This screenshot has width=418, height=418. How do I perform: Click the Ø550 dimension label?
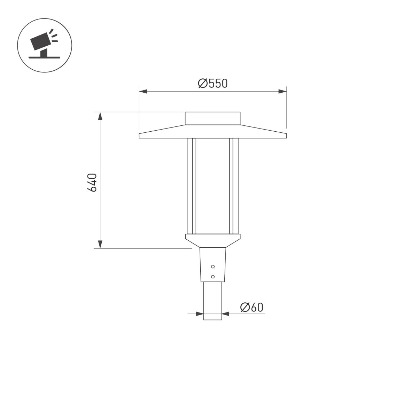tap(212, 84)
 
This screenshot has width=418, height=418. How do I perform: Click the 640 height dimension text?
tap(92, 182)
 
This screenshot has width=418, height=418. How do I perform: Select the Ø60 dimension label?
tap(251, 307)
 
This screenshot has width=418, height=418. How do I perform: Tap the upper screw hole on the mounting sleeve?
tap(213, 266)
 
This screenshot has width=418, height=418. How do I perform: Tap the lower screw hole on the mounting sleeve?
tap(213, 277)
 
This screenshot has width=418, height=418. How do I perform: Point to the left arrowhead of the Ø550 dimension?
tap(143, 92)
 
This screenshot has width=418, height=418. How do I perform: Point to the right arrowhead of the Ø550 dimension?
tap(282, 92)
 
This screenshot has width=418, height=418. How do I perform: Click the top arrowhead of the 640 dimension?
tap(100, 116)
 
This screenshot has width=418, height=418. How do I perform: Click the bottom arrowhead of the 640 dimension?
tap(100, 244)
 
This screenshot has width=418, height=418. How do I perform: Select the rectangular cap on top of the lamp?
tap(212, 118)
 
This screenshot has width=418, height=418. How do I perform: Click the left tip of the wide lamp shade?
tap(140, 136)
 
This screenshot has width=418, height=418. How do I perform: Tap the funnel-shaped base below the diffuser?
tap(212, 241)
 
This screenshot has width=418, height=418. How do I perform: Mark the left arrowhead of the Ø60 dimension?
tap(200, 314)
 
